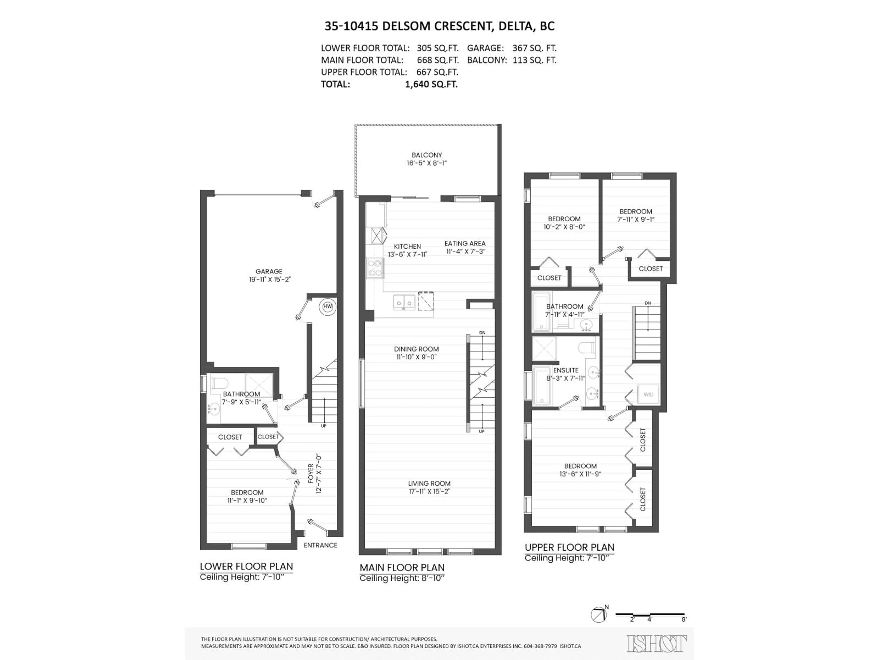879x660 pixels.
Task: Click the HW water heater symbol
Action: click(x=327, y=306)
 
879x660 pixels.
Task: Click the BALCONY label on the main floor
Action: click(x=427, y=155)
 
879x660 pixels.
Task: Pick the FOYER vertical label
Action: click(x=311, y=473)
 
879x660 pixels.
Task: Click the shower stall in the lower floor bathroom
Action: click(x=259, y=385)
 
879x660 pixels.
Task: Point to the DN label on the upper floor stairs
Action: click(x=648, y=303)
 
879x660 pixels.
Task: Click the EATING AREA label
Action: click(x=465, y=243)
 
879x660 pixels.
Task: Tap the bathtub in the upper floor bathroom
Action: click(x=541, y=311)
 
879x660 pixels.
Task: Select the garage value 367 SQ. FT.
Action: click(x=534, y=48)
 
